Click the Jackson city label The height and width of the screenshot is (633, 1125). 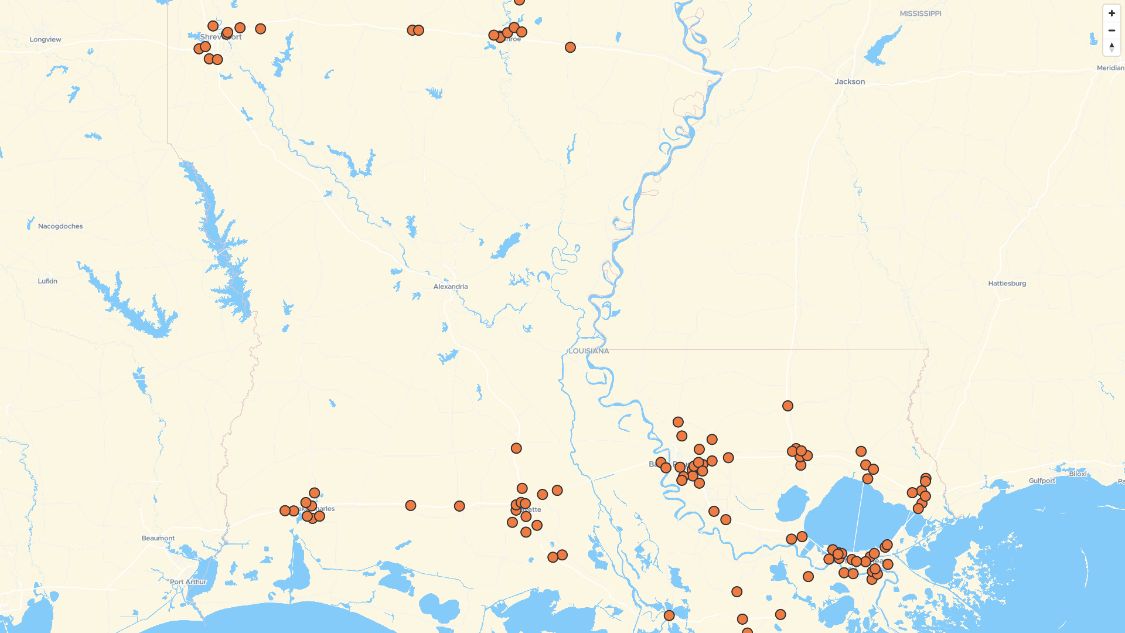(850, 81)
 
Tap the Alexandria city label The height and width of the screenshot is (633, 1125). (450, 287)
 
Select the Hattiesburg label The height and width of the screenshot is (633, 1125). (1007, 283)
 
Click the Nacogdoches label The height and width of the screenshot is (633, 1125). (60, 226)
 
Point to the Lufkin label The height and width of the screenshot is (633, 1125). (47, 281)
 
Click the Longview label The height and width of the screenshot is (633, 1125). (45, 40)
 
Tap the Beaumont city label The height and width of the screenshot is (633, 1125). (158, 538)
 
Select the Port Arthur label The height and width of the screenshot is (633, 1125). (188, 582)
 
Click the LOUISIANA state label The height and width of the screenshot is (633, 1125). (589, 351)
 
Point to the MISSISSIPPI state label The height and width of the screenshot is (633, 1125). (920, 13)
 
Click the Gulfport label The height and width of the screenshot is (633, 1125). (1042, 481)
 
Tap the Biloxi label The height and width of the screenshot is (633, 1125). (1078, 474)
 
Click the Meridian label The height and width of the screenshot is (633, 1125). (1110, 68)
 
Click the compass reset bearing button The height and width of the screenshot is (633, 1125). (1112, 47)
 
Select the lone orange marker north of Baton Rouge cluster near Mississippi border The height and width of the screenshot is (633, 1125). (787, 406)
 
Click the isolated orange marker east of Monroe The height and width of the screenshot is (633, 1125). (570, 47)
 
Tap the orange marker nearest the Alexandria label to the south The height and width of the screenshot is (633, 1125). (516, 448)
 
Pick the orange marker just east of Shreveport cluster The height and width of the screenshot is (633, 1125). (261, 29)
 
